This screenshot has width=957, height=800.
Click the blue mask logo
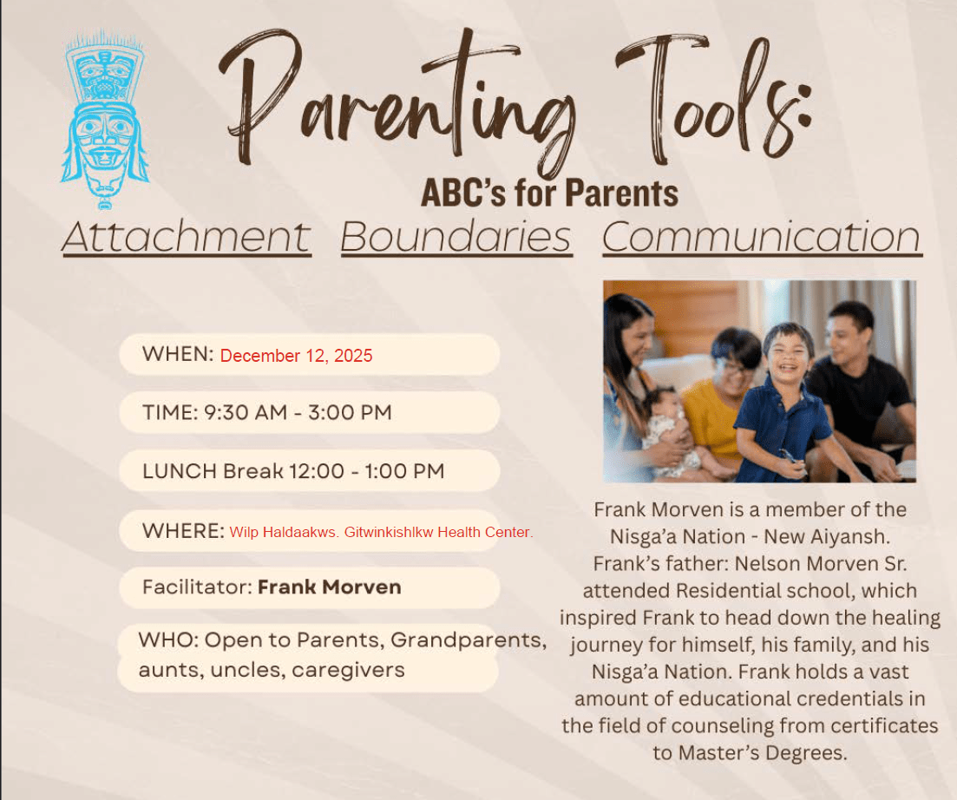104,120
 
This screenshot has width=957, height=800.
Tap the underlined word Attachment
187,238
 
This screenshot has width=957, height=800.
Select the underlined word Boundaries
456,238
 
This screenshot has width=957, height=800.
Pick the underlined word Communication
762,238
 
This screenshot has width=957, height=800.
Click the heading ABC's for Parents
549,193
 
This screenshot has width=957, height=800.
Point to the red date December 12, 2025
296,356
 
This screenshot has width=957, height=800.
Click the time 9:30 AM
246,412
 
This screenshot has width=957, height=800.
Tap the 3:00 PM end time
350,412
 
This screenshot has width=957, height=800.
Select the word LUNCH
180,471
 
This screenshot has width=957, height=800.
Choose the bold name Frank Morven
330,587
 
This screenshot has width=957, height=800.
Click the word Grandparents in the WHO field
469,640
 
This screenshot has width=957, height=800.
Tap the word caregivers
349,670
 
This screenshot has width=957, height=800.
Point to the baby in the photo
670,431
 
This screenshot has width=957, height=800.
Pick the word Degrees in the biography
806,754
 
